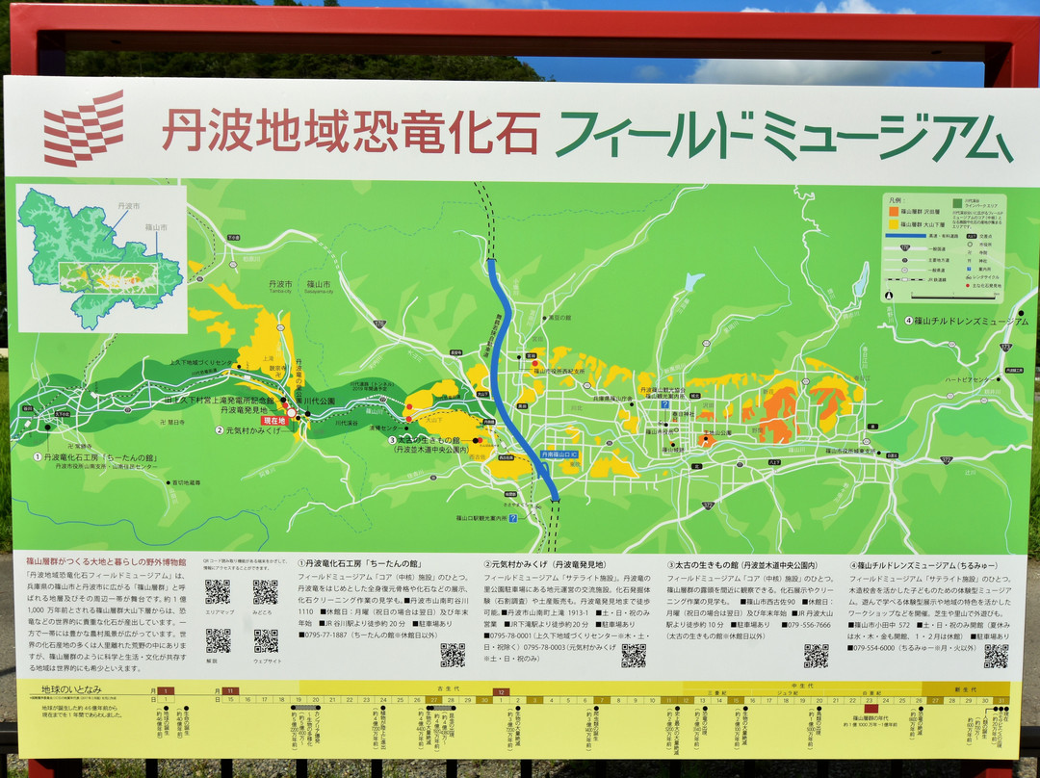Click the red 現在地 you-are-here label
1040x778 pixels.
274,421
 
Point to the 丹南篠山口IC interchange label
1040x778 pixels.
559,454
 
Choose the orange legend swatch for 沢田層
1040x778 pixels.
893,211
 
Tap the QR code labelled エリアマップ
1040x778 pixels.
218,592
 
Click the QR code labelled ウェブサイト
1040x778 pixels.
266,640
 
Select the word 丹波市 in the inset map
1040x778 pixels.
128,206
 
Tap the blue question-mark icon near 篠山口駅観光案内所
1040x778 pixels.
513,518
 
